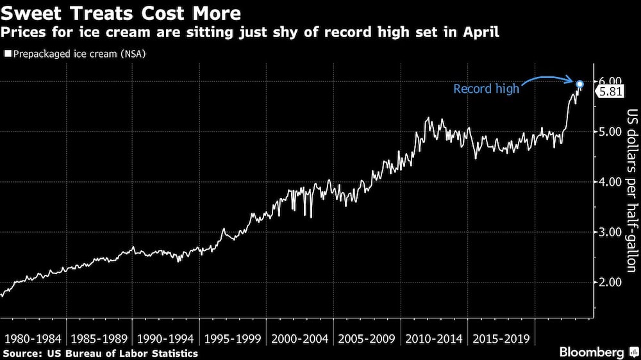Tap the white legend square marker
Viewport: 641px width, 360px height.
[7, 54]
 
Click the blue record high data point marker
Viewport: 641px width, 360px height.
[579, 84]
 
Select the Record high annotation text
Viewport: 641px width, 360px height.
[486, 89]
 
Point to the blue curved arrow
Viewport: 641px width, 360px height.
[545, 79]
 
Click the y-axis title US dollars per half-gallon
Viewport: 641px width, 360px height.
[631, 192]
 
